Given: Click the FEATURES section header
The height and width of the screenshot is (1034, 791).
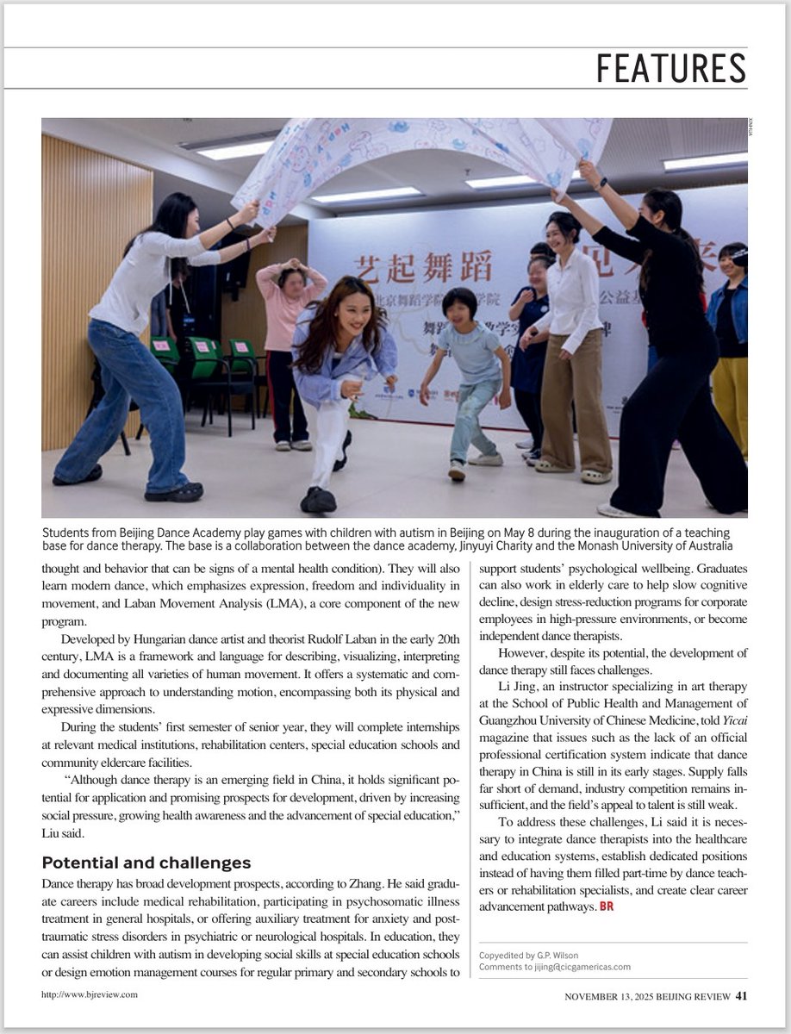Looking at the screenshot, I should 671,68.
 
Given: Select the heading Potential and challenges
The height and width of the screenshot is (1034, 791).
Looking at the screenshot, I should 146,863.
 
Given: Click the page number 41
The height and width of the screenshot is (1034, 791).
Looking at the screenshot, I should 741,997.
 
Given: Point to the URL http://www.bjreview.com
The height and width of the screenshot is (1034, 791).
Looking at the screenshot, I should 89,994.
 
